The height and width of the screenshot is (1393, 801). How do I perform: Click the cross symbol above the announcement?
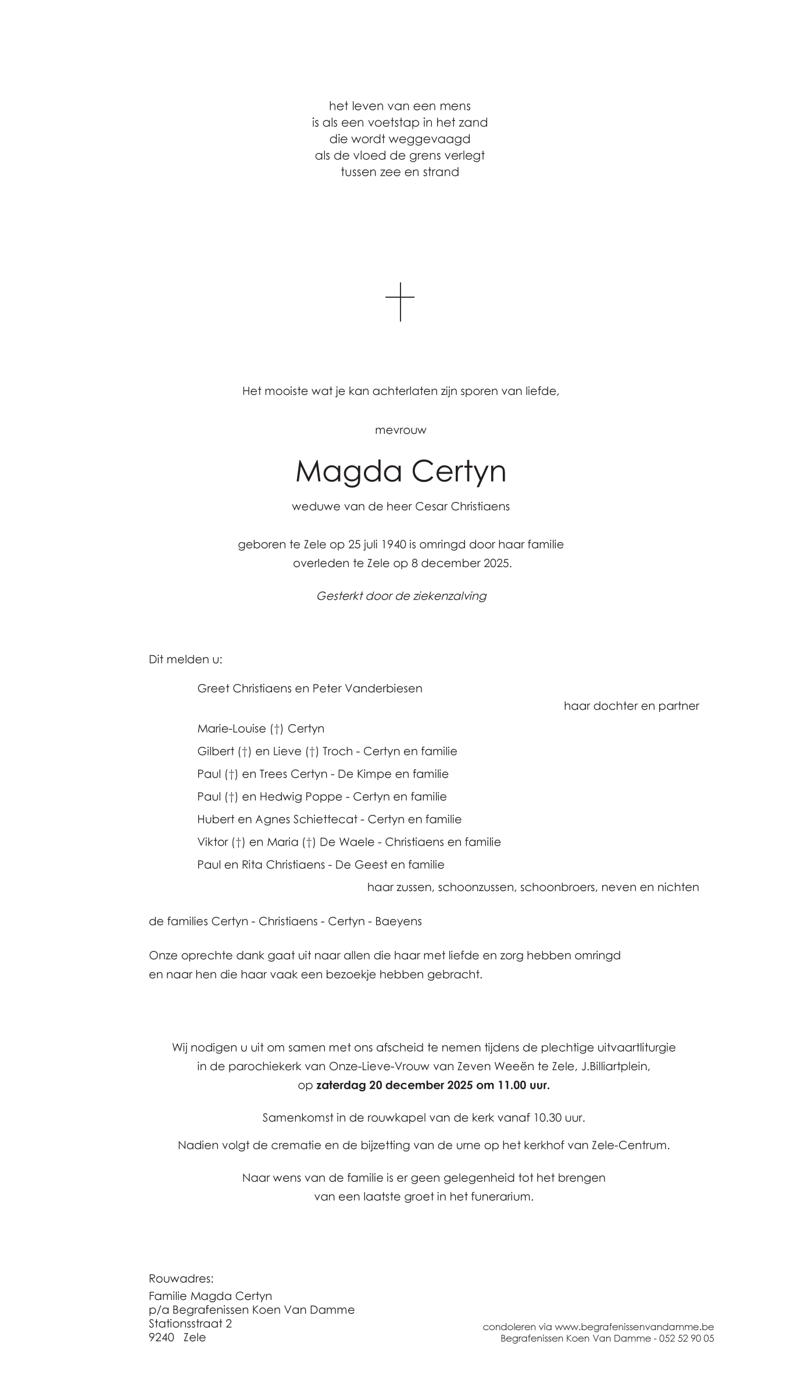coord(400,301)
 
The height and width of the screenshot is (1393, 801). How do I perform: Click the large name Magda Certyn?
coord(400,471)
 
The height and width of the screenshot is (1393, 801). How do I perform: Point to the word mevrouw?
coord(400,430)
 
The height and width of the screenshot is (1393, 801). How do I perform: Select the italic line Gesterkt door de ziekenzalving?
coord(401,596)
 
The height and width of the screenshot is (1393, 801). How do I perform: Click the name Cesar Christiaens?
coord(462,506)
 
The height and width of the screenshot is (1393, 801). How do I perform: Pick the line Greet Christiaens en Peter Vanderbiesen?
coord(310,688)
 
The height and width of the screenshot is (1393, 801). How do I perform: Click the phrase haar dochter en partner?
coord(631,706)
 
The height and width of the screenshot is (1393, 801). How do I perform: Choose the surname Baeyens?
coord(398,921)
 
